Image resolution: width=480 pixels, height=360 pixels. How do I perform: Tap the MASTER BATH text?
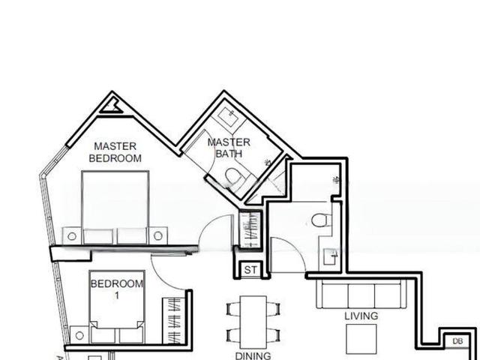click(x=229, y=148)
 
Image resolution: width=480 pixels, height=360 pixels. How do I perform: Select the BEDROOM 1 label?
click(x=116, y=289)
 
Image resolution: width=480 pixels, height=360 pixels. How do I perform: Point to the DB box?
click(x=457, y=342)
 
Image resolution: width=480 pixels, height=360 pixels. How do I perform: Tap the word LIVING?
click(x=361, y=316)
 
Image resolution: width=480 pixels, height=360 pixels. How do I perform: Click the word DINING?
click(x=253, y=355)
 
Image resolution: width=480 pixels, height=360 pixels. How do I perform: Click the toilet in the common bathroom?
click(x=319, y=219)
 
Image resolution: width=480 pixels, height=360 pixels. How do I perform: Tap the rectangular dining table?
click(x=253, y=321)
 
